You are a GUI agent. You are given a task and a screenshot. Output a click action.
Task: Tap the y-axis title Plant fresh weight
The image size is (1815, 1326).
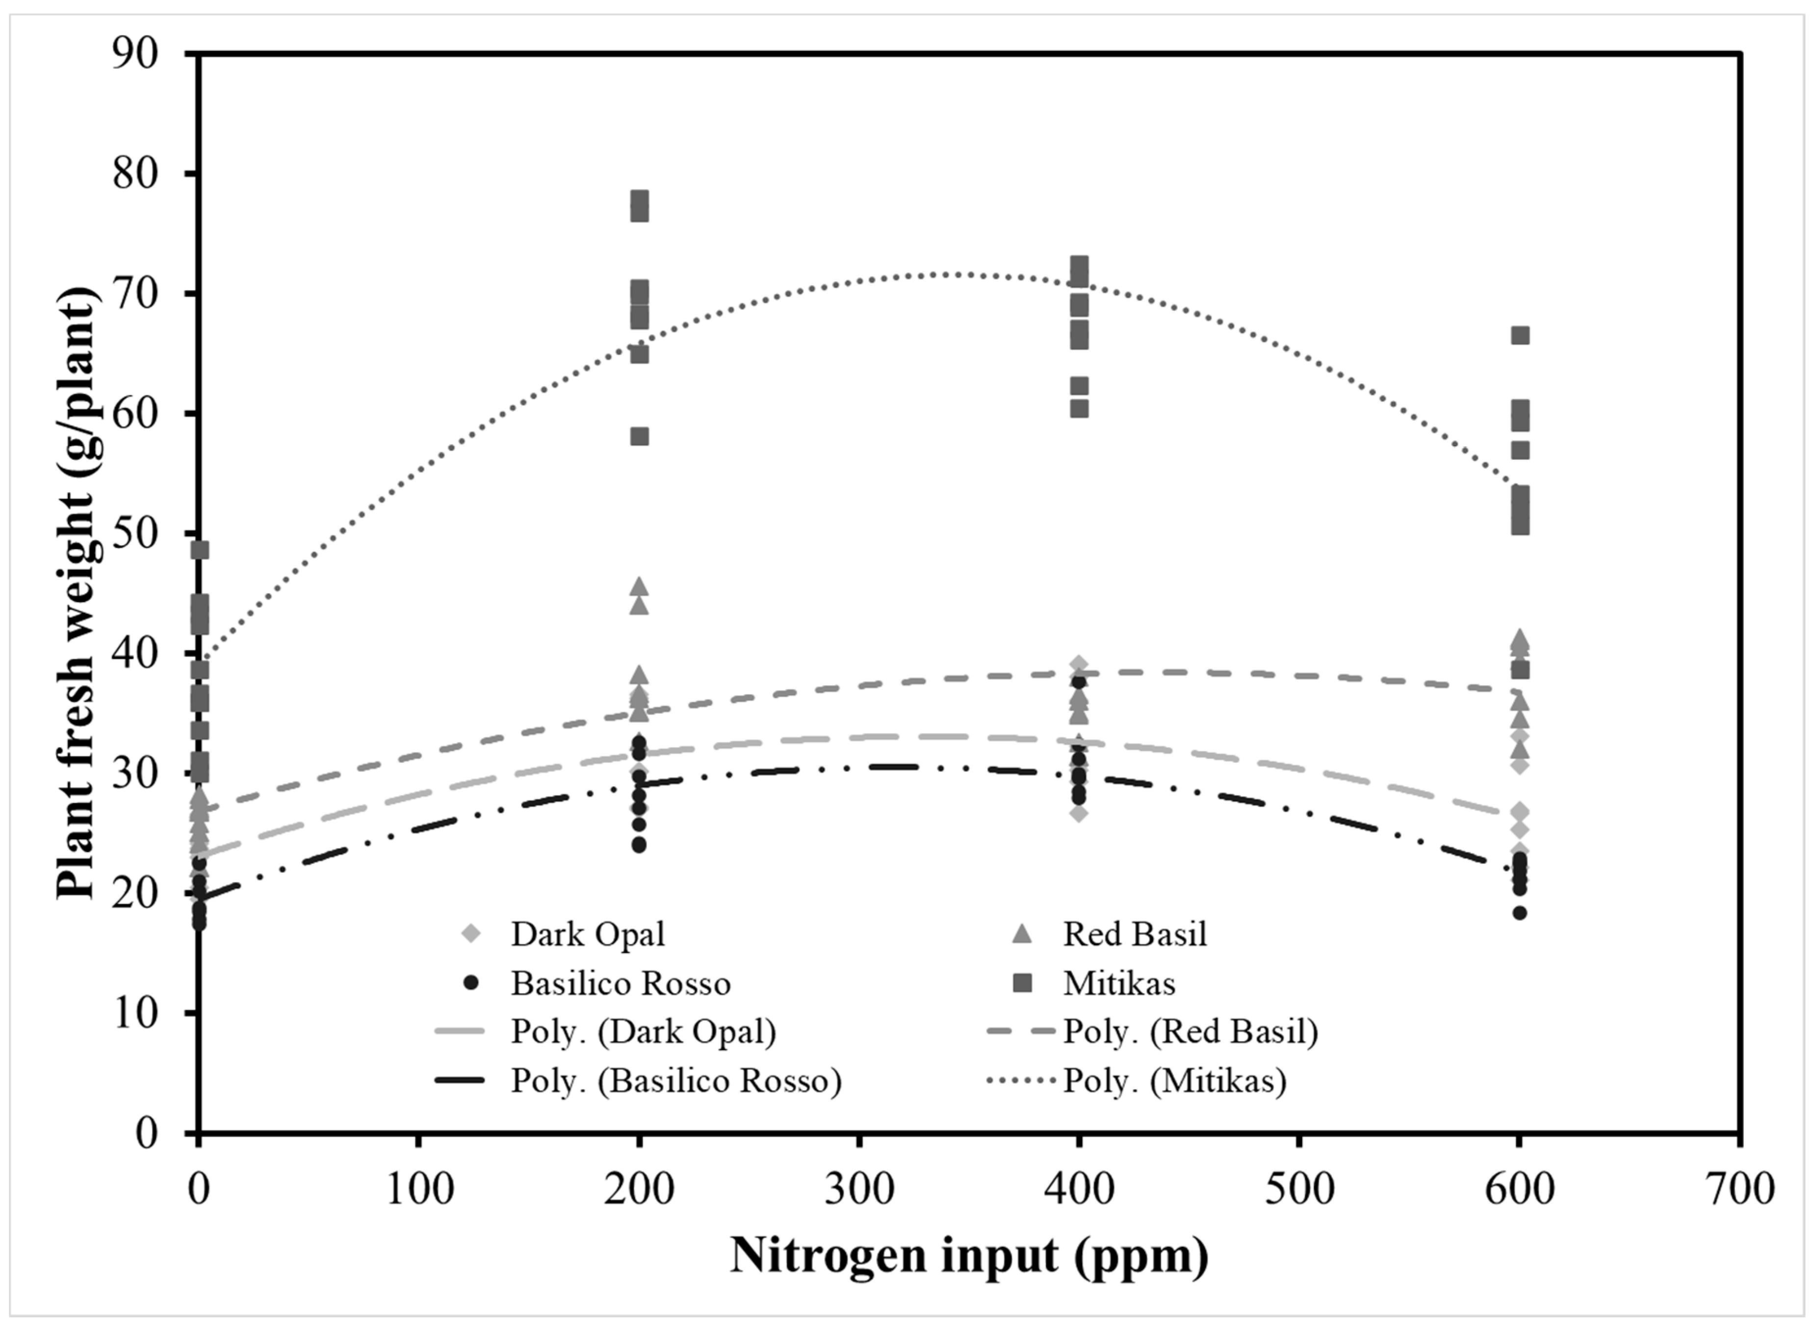coord(78,594)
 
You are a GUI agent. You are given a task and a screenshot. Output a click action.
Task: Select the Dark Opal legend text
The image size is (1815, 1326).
coord(588,934)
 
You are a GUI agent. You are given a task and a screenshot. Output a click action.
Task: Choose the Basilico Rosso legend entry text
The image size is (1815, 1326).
coord(621,984)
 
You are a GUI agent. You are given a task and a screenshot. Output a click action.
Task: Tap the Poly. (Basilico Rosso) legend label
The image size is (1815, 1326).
coord(676,1082)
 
